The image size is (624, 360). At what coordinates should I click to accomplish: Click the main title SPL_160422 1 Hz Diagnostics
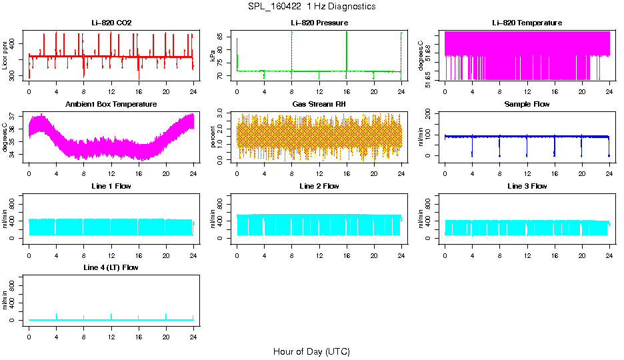pos(311,7)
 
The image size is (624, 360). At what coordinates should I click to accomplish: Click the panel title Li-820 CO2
pos(111,23)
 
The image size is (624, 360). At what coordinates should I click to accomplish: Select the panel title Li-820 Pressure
pos(319,23)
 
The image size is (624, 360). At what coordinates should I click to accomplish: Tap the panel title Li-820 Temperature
pos(527,23)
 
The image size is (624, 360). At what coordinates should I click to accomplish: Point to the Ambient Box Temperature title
pos(111,104)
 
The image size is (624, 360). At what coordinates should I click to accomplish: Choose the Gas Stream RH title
pos(319,104)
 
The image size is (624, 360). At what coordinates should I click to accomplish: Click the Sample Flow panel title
pos(527,104)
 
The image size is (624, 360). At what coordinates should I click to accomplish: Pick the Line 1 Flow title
pos(111,186)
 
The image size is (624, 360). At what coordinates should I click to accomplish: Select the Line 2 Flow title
pos(319,186)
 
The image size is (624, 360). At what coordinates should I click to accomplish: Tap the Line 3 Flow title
pos(527,186)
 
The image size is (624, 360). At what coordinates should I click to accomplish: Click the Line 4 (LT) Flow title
pos(111,267)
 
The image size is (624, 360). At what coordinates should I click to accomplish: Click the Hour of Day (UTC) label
pos(311,351)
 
